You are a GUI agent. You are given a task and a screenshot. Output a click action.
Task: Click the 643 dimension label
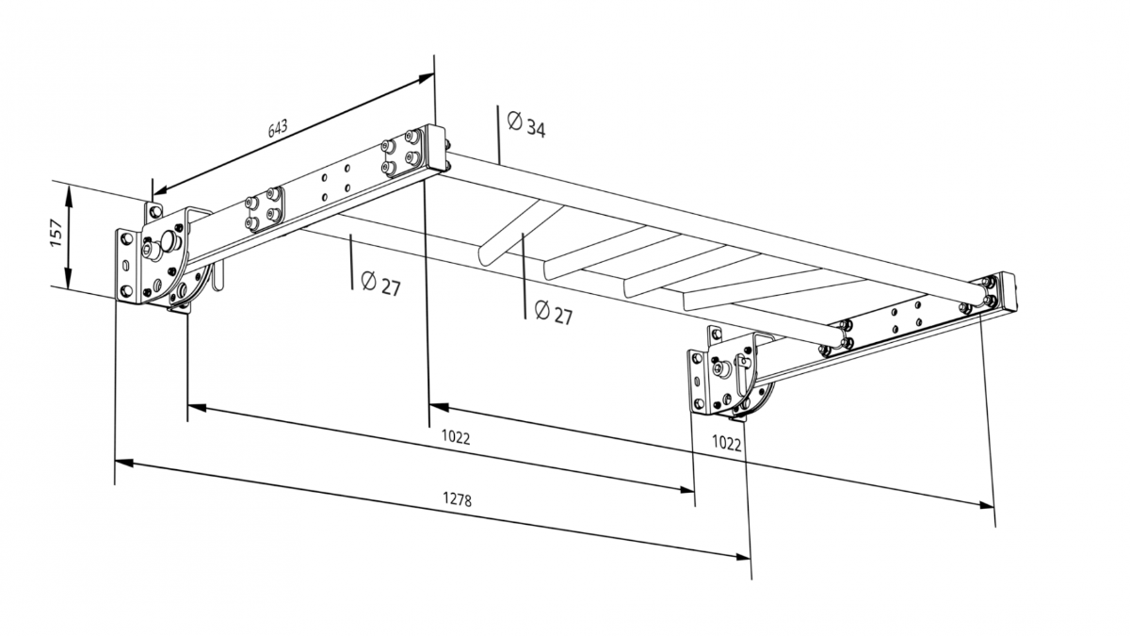tap(278, 128)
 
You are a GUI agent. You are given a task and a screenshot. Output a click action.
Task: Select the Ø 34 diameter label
tap(526, 124)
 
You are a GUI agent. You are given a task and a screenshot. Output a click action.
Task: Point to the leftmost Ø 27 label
tap(380, 284)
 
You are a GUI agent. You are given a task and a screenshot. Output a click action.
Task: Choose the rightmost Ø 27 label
tap(554, 313)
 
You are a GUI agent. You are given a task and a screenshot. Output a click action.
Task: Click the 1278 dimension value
tap(457, 499)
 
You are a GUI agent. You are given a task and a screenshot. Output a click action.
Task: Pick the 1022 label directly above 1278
tap(456, 437)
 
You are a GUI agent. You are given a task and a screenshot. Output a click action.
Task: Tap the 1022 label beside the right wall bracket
tap(726, 443)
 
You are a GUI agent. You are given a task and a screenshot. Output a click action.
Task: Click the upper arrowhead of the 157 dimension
tap(69, 195)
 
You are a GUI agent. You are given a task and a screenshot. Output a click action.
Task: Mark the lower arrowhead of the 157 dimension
tap(68, 278)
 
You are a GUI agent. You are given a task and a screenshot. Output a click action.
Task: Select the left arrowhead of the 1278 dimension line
tap(124, 462)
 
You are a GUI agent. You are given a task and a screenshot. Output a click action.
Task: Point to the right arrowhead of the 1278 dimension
tap(742, 557)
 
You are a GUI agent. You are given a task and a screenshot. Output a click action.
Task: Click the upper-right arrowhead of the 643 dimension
tap(426, 78)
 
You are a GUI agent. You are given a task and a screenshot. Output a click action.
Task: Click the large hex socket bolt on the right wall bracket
tap(722, 369)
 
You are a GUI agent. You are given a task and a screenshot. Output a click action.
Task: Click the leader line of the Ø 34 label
tap(498, 136)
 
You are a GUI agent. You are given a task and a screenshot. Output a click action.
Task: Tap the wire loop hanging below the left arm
tap(217, 277)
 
